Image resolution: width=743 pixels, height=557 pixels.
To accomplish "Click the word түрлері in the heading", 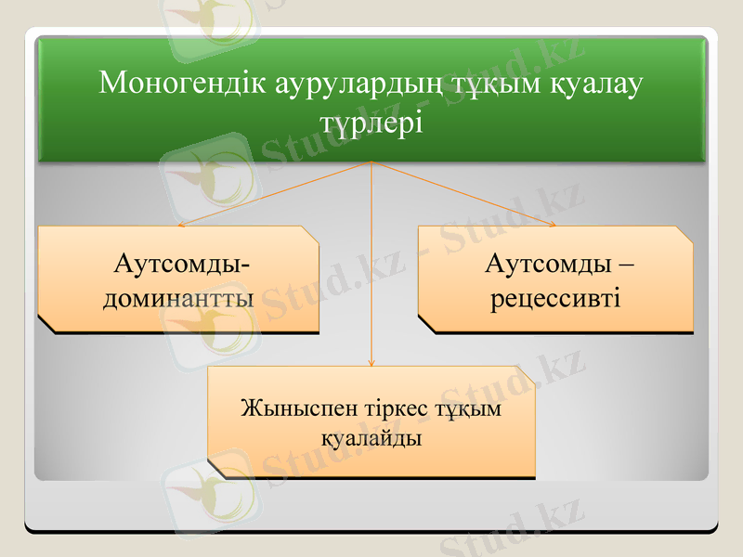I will (x=371, y=123).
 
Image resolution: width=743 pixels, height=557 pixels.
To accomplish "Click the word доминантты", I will (x=179, y=299).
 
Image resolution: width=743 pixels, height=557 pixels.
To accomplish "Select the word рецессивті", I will (x=556, y=299).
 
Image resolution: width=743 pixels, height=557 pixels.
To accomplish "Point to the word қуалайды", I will (x=371, y=437).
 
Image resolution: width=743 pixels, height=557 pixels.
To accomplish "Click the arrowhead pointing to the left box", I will (x=181, y=225).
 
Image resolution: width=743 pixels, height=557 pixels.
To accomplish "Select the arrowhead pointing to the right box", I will (x=553, y=224).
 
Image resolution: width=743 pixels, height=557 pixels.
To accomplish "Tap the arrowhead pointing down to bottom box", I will (x=371, y=362).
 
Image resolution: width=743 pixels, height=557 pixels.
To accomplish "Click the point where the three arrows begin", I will (x=371, y=162).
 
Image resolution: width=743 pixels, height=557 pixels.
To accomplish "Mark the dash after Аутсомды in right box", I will (x=626, y=266).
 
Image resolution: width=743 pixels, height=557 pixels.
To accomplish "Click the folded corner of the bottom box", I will (x=526, y=375).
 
